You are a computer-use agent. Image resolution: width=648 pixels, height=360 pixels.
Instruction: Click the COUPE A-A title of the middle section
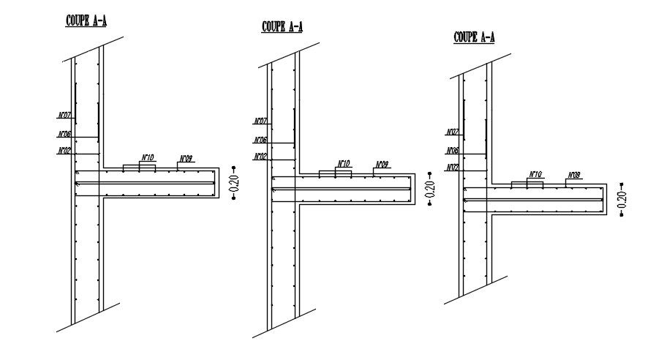point(282,27)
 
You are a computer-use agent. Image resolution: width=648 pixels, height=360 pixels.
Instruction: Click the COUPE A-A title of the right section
point(474,37)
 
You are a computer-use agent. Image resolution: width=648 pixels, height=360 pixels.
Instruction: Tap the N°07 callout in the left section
point(64,116)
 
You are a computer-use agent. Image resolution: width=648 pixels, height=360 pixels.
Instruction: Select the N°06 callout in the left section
point(64,134)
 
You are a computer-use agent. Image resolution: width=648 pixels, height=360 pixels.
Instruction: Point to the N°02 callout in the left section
point(64,151)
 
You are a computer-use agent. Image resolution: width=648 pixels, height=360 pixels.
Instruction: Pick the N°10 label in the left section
point(147,157)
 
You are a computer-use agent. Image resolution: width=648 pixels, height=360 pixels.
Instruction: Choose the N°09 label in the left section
point(186,159)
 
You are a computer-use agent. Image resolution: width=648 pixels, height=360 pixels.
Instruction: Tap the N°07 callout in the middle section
point(260,121)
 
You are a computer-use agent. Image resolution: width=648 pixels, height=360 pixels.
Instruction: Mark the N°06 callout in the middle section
point(260,140)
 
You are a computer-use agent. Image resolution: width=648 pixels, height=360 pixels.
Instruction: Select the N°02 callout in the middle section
point(260,157)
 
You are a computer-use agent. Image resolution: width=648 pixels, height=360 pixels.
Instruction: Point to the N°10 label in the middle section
point(343,163)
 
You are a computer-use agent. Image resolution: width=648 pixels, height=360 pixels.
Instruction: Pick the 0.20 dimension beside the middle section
point(430,189)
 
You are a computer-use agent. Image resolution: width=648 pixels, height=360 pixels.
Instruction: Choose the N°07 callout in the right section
point(453,132)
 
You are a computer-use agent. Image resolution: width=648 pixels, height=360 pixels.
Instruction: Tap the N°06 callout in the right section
point(453,151)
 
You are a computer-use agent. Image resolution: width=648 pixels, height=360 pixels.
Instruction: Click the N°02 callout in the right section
point(453,168)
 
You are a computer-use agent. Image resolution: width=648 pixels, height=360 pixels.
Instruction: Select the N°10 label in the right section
point(535,174)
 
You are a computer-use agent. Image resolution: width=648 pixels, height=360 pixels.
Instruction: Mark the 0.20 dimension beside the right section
point(622,198)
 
